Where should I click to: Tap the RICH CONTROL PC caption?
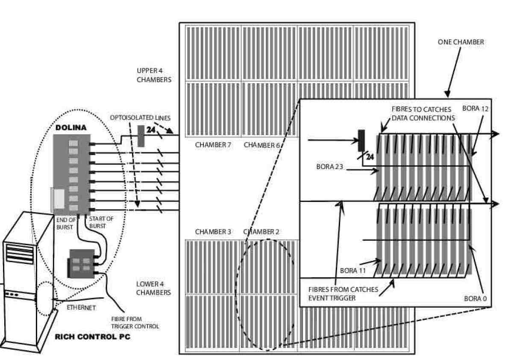[92, 337]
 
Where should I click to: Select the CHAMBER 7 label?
[213, 145]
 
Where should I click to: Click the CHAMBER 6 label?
[261, 145]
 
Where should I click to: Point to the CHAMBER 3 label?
[213, 231]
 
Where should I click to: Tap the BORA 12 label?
[475, 108]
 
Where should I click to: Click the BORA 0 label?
[475, 299]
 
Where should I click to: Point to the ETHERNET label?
[81, 307]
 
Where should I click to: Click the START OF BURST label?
[99, 222]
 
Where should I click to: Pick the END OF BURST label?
[67, 222]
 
